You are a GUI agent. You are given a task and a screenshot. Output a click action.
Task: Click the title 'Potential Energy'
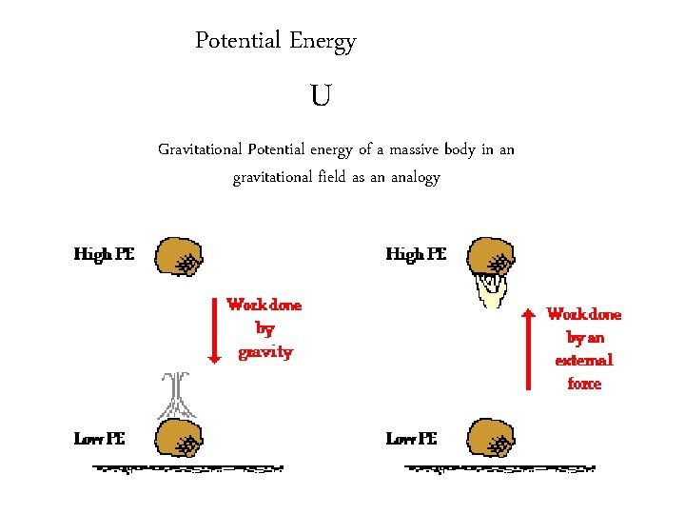pos(275,41)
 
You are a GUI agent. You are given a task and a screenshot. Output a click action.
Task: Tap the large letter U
pos(321,96)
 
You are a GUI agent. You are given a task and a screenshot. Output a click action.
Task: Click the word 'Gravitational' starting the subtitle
pos(199,149)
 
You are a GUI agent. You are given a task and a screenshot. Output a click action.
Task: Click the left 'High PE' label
pos(105,254)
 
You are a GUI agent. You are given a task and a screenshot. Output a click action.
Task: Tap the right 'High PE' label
pos(416,254)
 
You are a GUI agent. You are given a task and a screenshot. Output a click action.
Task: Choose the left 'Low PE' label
pos(99,439)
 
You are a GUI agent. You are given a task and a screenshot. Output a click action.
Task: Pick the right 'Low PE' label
pos(411,439)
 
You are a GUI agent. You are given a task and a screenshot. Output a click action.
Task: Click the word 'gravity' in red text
pos(264,352)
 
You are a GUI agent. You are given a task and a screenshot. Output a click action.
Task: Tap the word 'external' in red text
pos(583,360)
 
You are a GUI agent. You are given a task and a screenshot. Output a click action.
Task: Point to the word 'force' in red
pos(583,384)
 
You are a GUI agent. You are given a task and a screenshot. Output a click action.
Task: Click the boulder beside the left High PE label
pos(178,256)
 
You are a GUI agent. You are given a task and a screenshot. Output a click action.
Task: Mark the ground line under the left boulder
pos(188,468)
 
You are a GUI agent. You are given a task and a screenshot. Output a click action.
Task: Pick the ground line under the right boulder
pos(499,468)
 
